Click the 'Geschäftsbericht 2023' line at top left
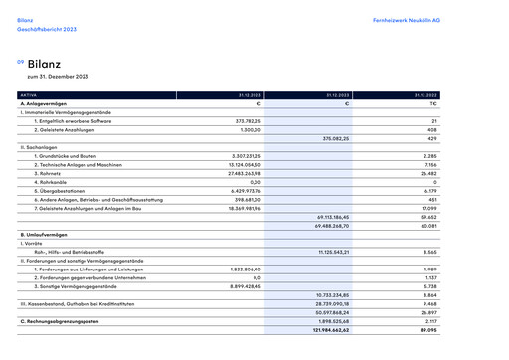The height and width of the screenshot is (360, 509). tap(46, 30)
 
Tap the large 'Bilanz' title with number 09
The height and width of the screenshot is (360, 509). tap(45, 63)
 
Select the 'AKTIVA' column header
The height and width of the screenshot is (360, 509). tap(29, 95)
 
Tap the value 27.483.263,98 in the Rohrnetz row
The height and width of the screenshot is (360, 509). tap(241, 173)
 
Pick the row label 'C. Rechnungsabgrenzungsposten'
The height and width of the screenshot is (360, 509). tap(62, 321)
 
